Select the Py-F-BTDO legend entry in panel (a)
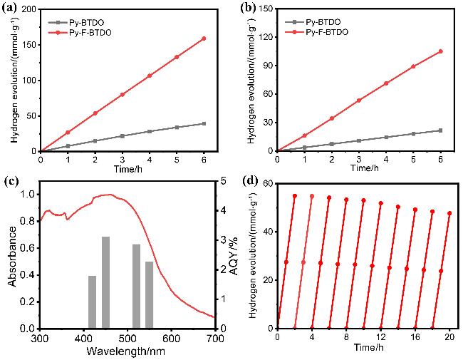pyautogui.click(x=77, y=32)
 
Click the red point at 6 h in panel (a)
pyautogui.click(x=204, y=38)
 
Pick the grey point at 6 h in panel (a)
pyautogui.click(x=204, y=123)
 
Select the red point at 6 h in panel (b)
pyautogui.click(x=440, y=51)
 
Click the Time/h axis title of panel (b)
pyautogui.click(x=358, y=168)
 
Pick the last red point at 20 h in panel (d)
pyautogui.click(x=449, y=213)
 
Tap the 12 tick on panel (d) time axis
pyautogui.click(x=380, y=337)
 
